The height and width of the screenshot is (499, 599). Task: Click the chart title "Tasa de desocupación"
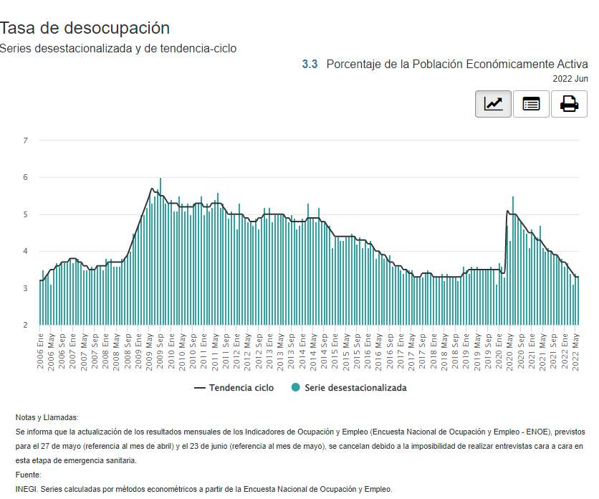coord(85,28)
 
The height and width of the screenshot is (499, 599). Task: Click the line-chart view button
coord(493,104)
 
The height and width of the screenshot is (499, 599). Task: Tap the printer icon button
coord(569,104)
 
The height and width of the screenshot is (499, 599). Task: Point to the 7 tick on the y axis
coord(25,141)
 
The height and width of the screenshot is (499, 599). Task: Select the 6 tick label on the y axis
coord(25,177)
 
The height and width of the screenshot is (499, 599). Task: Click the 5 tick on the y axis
coord(25,214)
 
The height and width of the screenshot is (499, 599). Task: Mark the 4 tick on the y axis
coord(25,251)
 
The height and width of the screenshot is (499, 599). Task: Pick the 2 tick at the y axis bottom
coord(25,325)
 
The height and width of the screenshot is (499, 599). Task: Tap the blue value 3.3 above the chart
coord(310,64)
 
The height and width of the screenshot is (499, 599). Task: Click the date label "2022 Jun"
coord(570,78)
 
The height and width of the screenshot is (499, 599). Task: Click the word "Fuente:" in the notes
coord(29,475)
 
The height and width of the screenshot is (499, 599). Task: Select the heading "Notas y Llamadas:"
coord(47,417)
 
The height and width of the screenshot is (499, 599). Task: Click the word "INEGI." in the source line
coord(27,489)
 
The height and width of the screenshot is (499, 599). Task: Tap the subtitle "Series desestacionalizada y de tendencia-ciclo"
coord(118,48)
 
